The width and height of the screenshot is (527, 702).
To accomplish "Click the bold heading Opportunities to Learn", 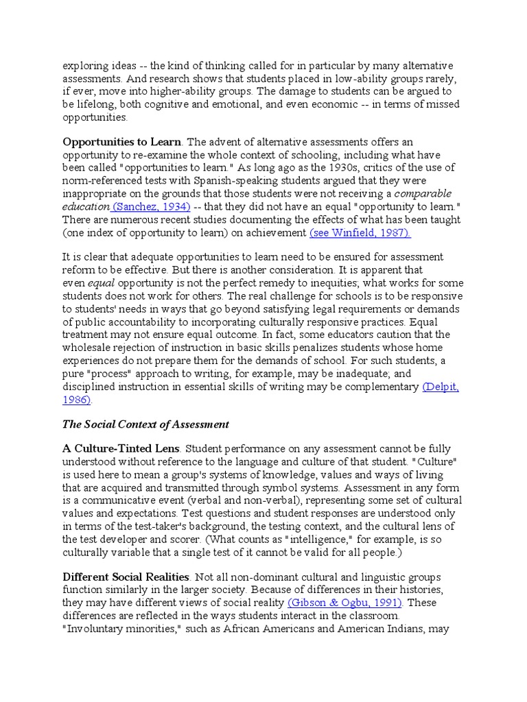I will pos(122,142).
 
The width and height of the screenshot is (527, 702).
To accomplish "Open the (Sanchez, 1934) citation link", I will pos(150,207).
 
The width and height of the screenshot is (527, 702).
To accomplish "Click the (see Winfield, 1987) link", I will pos(360,233).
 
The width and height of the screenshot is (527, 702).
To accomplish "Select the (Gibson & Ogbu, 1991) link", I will pos(345,603).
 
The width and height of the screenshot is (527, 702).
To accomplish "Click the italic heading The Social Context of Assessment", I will pos(145,425).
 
